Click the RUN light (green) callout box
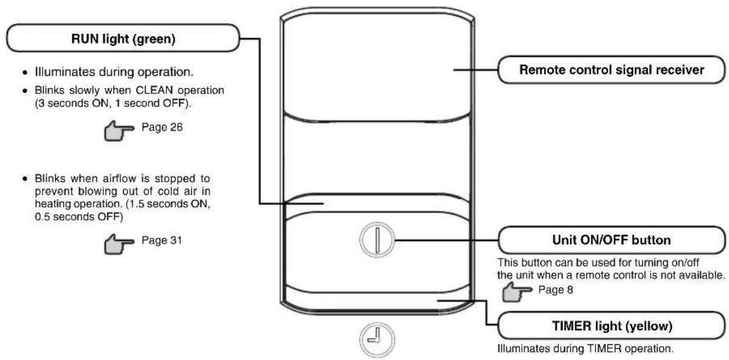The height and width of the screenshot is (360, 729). (x=123, y=38)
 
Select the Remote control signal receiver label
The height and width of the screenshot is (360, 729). (x=611, y=70)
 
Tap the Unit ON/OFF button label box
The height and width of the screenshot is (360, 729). (x=611, y=240)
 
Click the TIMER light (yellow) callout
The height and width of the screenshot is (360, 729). (x=611, y=325)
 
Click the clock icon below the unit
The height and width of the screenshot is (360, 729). (x=377, y=339)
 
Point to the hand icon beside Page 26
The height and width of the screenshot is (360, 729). (x=119, y=131)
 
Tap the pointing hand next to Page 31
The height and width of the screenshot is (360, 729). (x=119, y=244)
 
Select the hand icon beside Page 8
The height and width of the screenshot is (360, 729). (x=517, y=292)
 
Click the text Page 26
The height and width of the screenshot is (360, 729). (x=162, y=127)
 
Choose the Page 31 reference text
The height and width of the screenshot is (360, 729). (x=161, y=240)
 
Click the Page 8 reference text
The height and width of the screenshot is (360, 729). (x=555, y=290)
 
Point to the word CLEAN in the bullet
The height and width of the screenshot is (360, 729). (x=154, y=90)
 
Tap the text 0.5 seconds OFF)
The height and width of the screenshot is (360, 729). (x=79, y=217)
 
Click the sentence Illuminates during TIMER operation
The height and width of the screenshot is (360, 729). (x=585, y=348)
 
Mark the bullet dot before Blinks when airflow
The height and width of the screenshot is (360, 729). (x=25, y=178)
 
